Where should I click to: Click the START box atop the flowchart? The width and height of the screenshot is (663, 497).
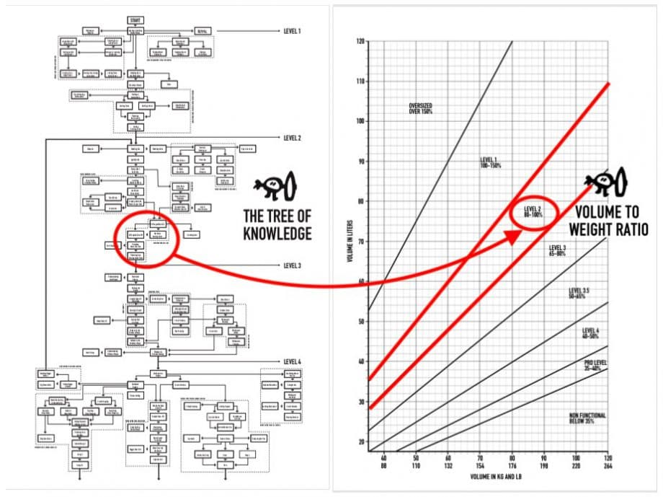[x=135, y=19]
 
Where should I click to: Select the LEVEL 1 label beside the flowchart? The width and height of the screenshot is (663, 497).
[x=292, y=32]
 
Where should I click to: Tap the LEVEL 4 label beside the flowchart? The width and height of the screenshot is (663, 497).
[x=292, y=361]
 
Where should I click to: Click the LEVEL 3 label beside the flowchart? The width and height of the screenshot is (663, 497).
[x=292, y=265]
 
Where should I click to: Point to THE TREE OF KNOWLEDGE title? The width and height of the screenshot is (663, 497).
[x=277, y=224]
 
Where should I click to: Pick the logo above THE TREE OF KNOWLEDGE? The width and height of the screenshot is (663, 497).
[x=274, y=188]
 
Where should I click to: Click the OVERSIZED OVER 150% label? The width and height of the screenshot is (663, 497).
[x=421, y=108]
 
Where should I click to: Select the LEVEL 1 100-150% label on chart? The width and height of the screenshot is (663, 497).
[x=491, y=162]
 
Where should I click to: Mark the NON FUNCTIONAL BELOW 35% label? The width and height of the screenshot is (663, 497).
[x=587, y=418]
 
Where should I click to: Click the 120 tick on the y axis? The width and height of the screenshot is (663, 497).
[x=360, y=41]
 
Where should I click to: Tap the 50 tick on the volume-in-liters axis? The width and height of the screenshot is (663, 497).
[x=360, y=321]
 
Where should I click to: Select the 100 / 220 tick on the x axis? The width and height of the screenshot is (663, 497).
[x=577, y=462]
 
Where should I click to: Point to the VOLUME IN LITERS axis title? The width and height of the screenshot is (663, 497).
[x=350, y=242]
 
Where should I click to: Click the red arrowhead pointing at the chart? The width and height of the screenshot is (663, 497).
[x=513, y=236]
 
